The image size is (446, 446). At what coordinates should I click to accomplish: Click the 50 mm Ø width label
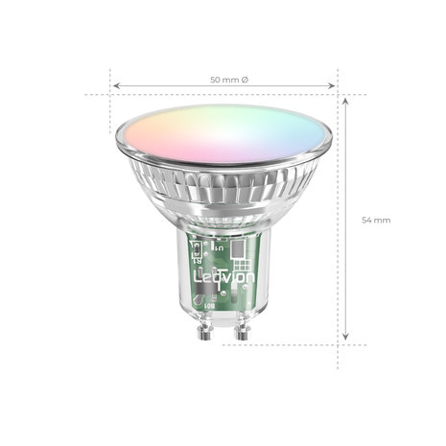point(223,78)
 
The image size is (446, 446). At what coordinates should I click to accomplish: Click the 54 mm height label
point(376,221)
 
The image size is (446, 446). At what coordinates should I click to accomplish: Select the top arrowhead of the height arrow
point(346,98)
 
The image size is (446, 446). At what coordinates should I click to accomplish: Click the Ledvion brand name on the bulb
point(223,276)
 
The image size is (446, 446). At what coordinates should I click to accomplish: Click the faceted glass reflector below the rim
point(223,197)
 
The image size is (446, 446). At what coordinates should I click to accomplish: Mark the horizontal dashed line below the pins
point(288,342)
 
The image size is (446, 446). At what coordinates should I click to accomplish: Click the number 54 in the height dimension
point(367,221)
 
